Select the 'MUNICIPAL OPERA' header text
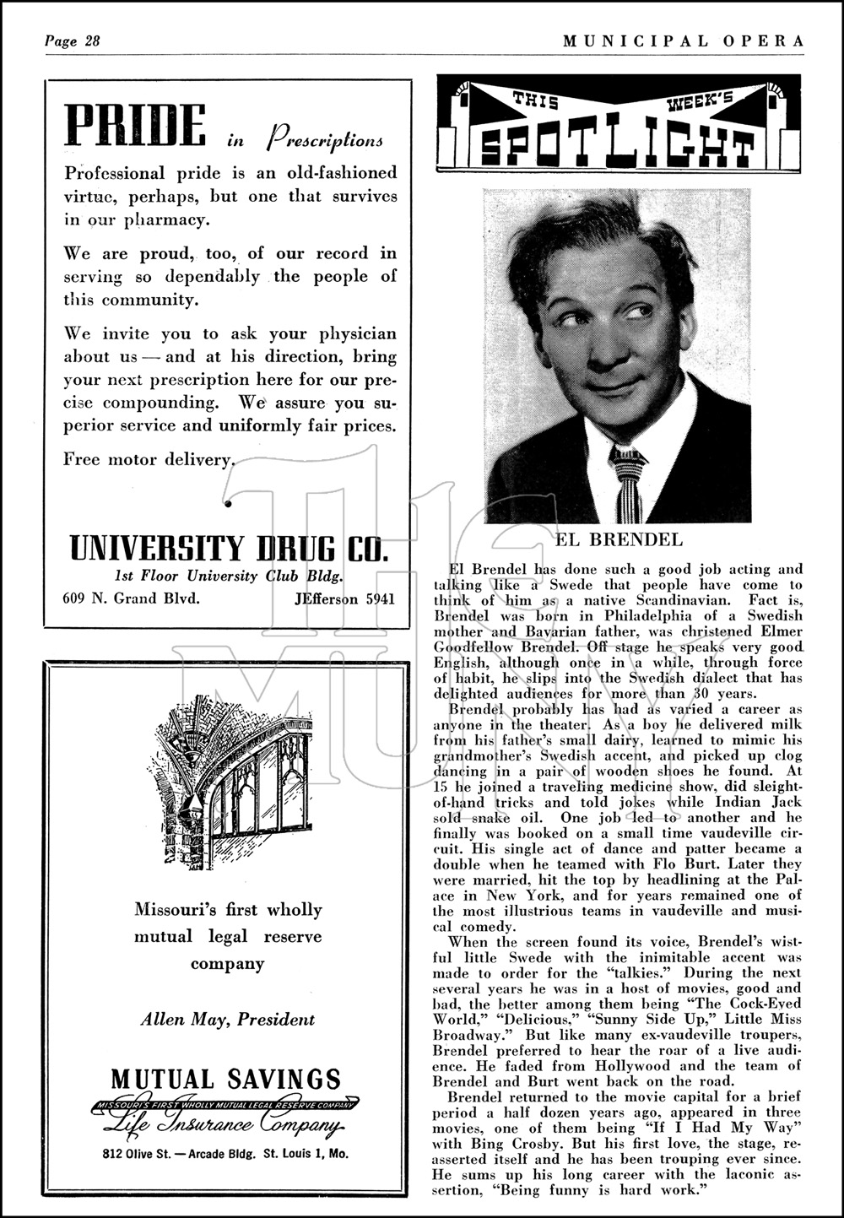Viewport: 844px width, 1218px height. click(x=673, y=41)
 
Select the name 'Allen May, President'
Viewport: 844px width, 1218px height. click(x=227, y=1019)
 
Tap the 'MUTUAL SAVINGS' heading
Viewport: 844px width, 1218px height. click(x=226, y=1079)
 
